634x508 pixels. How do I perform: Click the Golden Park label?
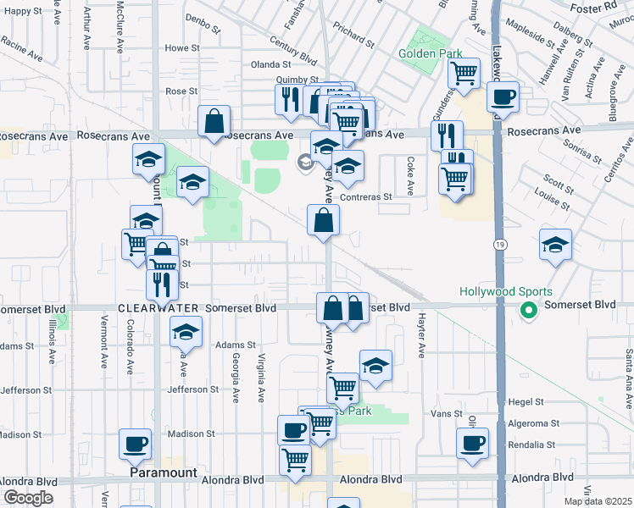431,53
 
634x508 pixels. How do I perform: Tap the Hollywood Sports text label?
500,292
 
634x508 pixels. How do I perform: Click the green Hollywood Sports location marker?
529,312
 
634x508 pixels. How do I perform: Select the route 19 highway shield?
499,243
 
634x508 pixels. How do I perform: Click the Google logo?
28,497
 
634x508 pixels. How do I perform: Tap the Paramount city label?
164,473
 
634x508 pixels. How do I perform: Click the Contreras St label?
365,196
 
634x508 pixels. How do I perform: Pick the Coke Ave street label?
410,173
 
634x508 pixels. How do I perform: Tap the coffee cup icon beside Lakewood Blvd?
503,98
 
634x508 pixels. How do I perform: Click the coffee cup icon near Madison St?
136,443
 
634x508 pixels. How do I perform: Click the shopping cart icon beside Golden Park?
464,74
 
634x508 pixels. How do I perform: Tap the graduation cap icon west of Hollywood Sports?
555,245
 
